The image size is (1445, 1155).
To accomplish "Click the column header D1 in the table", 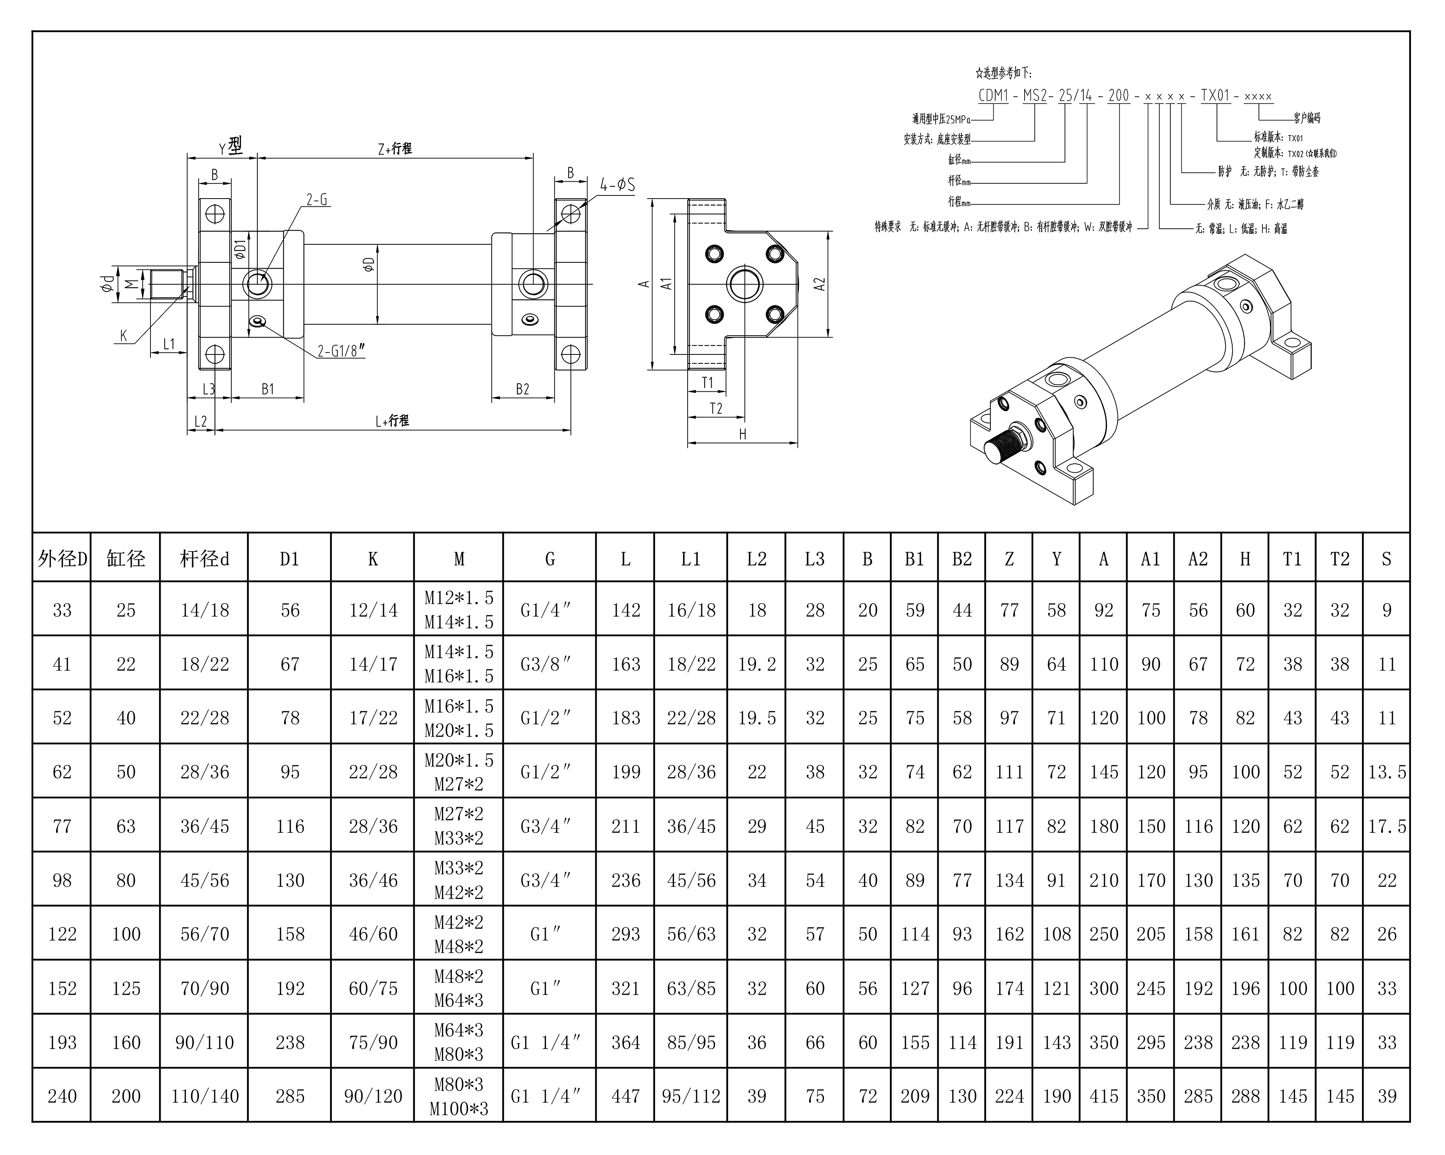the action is pyautogui.click(x=290, y=559).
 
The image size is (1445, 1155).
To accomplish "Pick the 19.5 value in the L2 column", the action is pyautogui.click(x=757, y=718).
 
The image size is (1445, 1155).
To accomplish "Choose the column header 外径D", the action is pyautogui.click(x=62, y=559).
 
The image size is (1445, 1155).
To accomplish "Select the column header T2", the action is pyautogui.click(x=1340, y=559).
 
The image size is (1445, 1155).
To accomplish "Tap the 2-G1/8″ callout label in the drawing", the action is pyautogui.click(x=341, y=351).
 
